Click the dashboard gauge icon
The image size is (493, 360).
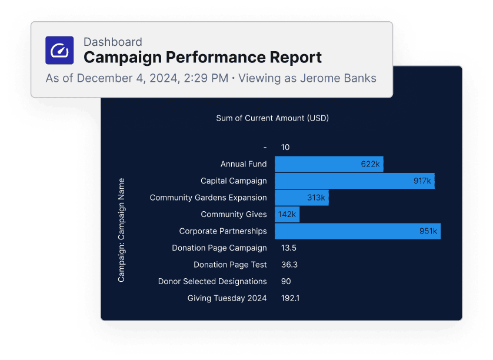(x=59, y=50)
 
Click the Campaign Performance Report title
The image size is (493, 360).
(x=202, y=58)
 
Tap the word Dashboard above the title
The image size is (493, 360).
(x=112, y=42)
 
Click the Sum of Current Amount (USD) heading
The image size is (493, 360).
(x=272, y=118)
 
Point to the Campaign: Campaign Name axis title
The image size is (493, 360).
(x=122, y=230)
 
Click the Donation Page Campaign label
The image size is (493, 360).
(x=219, y=248)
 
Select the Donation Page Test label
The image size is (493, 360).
(x=230, y=265)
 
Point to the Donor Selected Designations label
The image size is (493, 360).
(x=212, y=282)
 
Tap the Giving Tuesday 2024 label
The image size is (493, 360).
(x=227, y=298)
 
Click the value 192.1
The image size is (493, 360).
(x=290, y=298)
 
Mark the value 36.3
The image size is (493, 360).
(x=289, y=265)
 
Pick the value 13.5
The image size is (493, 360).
(x=289, y=248)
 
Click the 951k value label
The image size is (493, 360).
(x=428, y=231)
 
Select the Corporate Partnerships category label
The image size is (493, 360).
(x=223, y=231)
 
